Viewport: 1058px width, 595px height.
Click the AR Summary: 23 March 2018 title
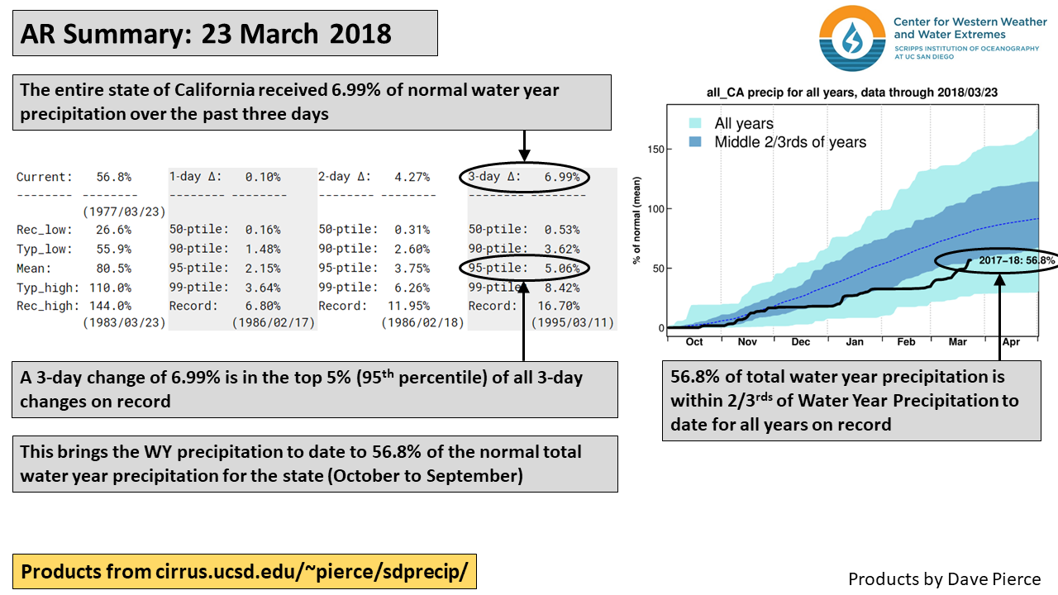click(x=206, y=33)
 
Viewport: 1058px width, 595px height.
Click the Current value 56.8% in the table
click(x=113, y=177)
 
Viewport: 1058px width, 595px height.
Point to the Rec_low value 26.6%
click(x=113, y=230)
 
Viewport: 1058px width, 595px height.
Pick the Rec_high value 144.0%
click(x=113, y=306)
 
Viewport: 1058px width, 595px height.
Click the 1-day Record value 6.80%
click(x=263, y=306)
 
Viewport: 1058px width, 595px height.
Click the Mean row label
click(x=35, y=268)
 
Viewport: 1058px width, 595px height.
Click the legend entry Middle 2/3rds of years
click(x=790, y=142)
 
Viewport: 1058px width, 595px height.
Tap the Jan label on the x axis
click(x=855, y=341)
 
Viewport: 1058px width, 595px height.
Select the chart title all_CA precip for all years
click(x=851, y=93)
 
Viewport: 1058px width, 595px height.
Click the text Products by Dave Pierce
click(x=944, y=578)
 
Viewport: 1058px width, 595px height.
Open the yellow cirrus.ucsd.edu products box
click(x=244, y=571)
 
